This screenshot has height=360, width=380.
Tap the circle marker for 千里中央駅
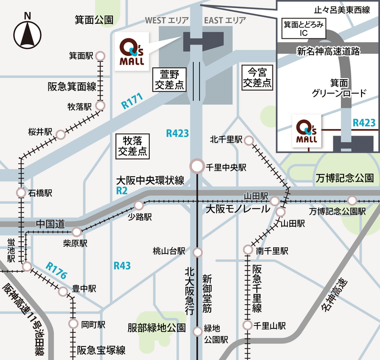[x=197, y=165]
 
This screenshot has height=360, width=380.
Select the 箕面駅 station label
[x=81, y=55]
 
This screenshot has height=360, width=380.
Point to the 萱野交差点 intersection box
[x=169, y=79]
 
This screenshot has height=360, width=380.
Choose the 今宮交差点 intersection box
[x=257, y=77]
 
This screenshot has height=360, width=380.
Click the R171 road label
[x=131, y=100]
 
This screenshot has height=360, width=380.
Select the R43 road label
[x=122, y=265]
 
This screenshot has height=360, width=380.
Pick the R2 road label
[x=122, y=191]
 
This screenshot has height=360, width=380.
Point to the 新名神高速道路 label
[x=328, y=52]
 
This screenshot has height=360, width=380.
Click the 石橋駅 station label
[x=41, y=192]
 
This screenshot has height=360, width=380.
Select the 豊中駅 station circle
[x=63, y=292]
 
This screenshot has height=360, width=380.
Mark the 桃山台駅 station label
[x=169, y=252]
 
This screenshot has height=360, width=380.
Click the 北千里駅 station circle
[x=249, y=141]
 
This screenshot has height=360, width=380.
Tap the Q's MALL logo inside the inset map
[x=307, y=131]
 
